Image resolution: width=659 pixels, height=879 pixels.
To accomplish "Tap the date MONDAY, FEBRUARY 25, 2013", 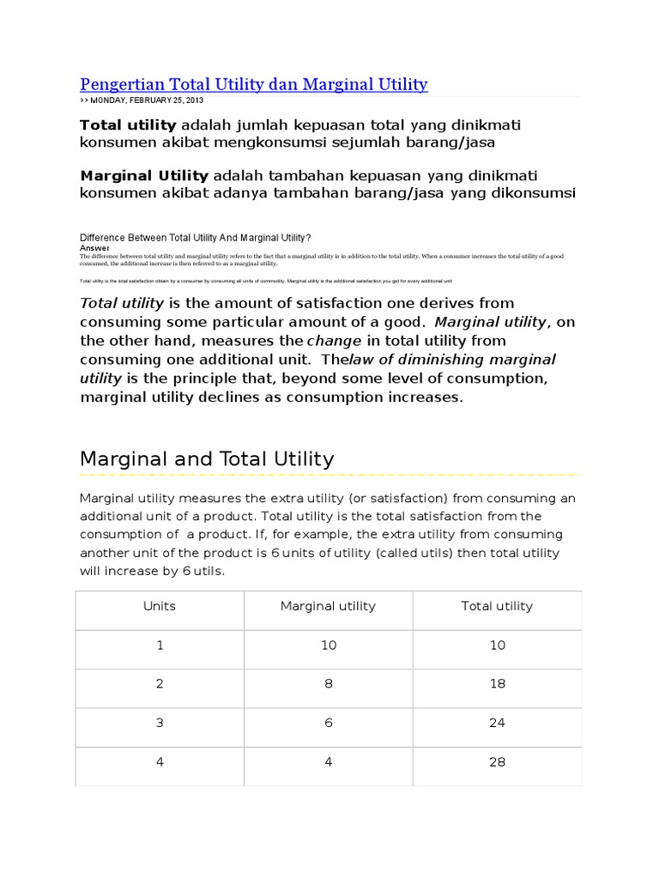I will click(x=147, y=101).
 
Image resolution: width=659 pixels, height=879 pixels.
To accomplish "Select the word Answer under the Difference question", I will click(x=94, y=246).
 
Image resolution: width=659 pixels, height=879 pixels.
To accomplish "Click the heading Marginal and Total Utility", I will click(x=207, y=459).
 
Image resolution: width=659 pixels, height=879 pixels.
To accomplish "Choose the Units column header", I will click(x=160, y=606).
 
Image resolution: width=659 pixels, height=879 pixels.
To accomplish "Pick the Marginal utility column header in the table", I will click(x=328, y=606).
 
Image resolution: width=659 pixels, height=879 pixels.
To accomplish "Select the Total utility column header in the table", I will click(x=497, y=606).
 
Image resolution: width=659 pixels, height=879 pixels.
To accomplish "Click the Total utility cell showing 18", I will click(x=498, y=684).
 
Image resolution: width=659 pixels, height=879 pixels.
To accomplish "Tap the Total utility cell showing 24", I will click(x=498, y=723).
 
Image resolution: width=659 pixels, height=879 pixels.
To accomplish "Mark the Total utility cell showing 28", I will click(x=498, y=762).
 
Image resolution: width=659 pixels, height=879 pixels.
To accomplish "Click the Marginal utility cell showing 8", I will click(x=329, y=684).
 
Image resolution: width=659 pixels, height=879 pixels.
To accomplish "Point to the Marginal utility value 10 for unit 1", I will click(x=329, y=645).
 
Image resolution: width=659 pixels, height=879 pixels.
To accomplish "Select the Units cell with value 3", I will click(x=160, y=723).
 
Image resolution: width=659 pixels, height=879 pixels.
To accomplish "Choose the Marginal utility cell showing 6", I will click(x=329, y=723).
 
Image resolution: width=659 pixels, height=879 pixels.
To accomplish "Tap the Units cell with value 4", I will click(x=160, y=762).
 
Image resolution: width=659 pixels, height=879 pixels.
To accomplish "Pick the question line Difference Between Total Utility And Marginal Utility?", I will click(x=195, y=238).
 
